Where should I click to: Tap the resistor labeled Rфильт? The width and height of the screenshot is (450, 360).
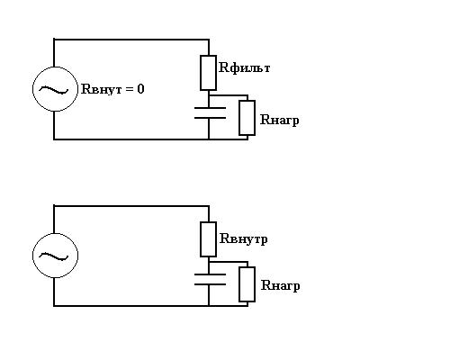[208, 73]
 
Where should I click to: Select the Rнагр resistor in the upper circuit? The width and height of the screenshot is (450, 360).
[247, 118]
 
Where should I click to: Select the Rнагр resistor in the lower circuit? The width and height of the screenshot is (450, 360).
[247, 284]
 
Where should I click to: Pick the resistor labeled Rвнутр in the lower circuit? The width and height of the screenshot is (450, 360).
[208, 239]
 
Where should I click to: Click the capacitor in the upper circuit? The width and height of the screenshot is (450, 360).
[210, 112]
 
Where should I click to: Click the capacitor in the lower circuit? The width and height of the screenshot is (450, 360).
[210, 279]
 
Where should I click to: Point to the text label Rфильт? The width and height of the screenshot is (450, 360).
[245, 67]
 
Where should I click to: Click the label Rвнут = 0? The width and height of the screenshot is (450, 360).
[112, 89]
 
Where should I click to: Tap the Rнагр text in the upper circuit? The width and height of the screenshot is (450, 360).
[280, 121]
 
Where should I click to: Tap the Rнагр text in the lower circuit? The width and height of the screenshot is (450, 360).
[280, 285]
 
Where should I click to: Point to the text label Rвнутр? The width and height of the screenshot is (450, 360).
[244, 239]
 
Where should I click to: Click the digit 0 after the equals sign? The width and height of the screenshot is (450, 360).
[140, 89]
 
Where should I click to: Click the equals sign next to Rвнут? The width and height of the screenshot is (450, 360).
[130, 89]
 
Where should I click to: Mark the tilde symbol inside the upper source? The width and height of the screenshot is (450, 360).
[54, 89]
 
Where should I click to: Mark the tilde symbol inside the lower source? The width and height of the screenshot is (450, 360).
[54, 256]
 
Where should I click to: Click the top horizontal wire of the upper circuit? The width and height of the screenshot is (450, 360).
[131, 39]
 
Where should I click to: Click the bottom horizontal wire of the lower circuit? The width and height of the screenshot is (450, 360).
[150, 306]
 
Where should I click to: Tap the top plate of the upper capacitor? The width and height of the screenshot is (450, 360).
[210, 108]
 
